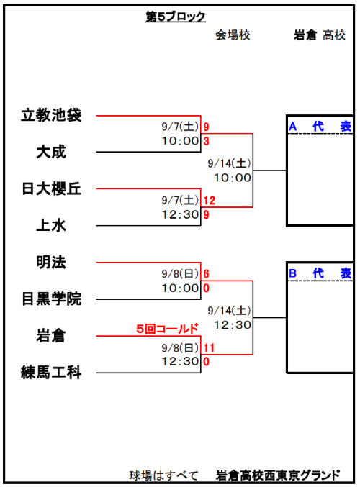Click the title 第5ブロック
point(176,17)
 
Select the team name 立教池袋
point(51,115)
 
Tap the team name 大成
point(51,152)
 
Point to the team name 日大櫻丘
point(51,189)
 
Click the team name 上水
point(51,225)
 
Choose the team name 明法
point(51,262)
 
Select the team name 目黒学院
point(51,299)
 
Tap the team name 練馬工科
point(51,372)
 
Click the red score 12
point(210,200)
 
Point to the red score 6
point(206,274)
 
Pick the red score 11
point(209,347)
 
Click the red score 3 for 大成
point(206,141)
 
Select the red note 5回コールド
point(167,329)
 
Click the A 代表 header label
point(320,127)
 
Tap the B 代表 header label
point(320,273)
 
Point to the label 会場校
point(233,35)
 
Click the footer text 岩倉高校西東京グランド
point(278,475)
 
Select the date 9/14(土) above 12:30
point(230,311)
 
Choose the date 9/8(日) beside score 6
point(180,274)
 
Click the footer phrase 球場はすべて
point(164,475)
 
